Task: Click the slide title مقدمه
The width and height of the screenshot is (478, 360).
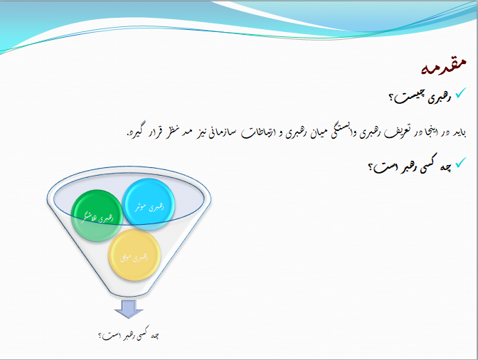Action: [x=444, y=68]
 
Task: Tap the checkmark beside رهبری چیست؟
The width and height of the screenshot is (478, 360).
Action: [x=460, y=93]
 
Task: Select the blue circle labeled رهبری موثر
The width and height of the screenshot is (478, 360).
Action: [x=148, y=206]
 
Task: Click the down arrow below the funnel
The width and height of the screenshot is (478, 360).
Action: [x=128, y=309]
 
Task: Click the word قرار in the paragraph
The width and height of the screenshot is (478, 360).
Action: [x=142, y=133]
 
